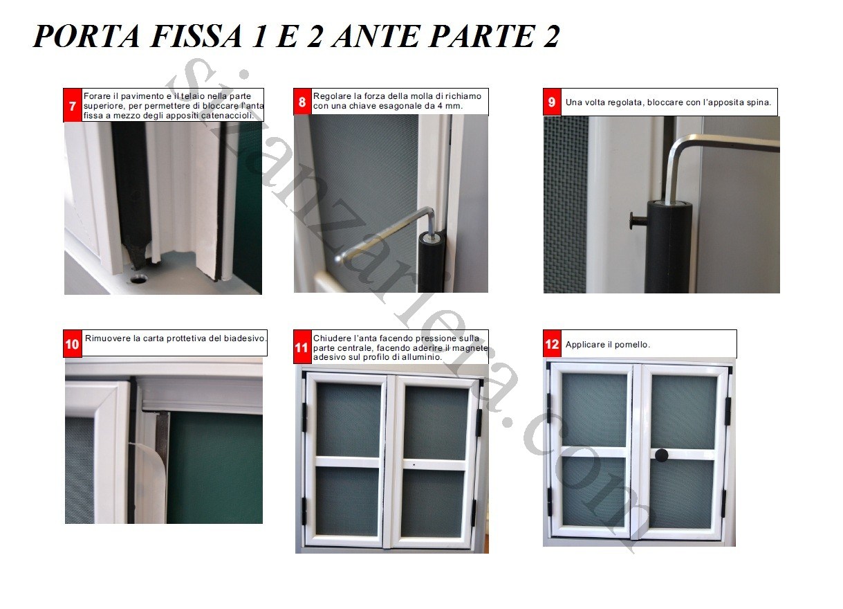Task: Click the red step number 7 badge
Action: click(73, 107)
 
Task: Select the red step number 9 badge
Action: click(552, 102)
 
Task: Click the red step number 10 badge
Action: click(73, 344)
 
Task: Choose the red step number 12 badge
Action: click(552, 344)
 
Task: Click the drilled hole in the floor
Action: click(138, 279)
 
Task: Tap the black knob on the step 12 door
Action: click(662, 455)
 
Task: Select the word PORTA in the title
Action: click(79, 36)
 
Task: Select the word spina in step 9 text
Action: click(759, 103)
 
